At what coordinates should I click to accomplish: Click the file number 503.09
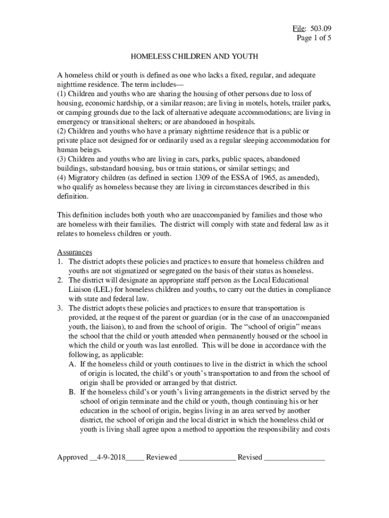321,28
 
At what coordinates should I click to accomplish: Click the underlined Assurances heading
74,252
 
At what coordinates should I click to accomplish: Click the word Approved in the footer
72,457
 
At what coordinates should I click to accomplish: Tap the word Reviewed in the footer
161,457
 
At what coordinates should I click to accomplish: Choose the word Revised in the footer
250,457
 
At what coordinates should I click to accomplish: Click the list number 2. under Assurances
60,280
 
